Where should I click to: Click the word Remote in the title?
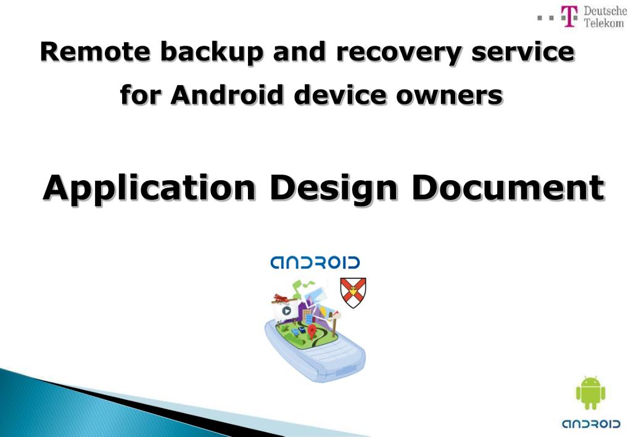(96, 52)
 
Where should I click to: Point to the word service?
(522, 52)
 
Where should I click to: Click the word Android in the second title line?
(227, 95)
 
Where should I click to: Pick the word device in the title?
(340, 95)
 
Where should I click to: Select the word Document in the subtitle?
(508, 186)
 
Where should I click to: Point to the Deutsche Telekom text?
(605, 17)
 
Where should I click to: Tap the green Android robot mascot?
(590, 393)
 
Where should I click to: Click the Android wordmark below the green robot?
(591, 424)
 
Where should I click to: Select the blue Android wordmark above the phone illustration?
(315, 262)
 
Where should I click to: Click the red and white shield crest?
(353, 293)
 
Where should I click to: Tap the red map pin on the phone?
(311, 332)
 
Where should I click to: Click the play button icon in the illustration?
(286, 311)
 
